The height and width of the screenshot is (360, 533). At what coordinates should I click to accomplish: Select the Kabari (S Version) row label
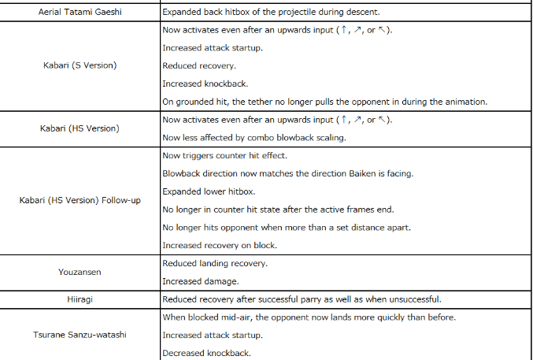tap(80, 65)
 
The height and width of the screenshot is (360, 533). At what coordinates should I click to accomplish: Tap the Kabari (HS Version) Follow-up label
tap(80, 200)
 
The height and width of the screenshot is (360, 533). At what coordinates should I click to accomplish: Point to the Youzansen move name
tap(80, 272)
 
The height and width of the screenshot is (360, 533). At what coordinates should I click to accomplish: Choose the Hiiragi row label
tap(80, 299)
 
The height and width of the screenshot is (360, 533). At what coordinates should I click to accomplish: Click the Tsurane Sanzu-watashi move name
tap(80, 335)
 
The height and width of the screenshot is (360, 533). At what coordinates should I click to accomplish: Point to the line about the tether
tap(324, 101)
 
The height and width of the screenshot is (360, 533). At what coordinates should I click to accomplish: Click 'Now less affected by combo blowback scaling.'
tap(254, 137)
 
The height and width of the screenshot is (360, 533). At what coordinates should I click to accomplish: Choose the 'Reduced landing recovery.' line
tap(213, 263)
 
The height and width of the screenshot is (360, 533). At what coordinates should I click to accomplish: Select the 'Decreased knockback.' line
tap(206, 353)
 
